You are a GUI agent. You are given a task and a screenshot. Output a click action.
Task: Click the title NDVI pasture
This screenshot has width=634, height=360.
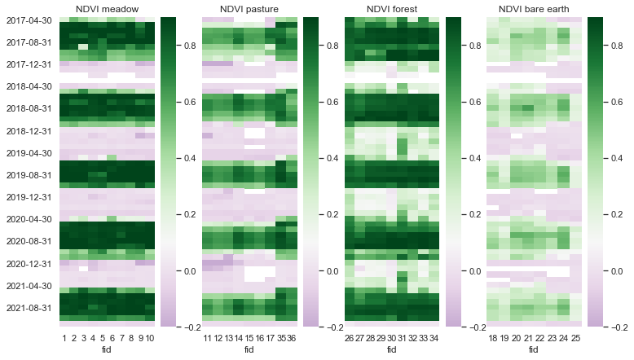(249, 9)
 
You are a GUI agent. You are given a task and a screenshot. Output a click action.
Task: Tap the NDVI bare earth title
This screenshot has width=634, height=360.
(533, 9)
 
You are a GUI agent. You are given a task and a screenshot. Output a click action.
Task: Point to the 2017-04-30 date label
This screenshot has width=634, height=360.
(29, 20)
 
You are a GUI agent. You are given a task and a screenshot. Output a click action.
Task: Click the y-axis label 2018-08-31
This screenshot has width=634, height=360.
(29, 108)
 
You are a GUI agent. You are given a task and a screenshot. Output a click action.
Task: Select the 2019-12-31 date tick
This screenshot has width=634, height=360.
(29, 197)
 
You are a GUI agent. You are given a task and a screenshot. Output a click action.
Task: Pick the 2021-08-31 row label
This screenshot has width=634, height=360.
(29, 308)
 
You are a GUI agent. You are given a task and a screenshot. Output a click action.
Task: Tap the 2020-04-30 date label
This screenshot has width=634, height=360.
(29, 219)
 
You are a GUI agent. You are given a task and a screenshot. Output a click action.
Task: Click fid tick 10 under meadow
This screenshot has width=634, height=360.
(149, 338)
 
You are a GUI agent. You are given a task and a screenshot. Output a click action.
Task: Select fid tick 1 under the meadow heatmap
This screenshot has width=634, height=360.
(64, 338)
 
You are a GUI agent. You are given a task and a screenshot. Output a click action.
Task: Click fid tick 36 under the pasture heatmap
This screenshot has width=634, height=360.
(292, 338)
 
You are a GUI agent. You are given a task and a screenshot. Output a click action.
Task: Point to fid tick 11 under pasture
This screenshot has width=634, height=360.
(207, 338)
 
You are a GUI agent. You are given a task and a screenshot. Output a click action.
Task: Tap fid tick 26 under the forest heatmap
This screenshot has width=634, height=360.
(349, 338)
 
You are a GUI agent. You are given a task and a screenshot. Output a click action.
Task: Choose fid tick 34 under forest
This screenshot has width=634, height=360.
(434, 338)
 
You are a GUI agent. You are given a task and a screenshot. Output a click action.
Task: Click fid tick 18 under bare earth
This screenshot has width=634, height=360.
(491, 338)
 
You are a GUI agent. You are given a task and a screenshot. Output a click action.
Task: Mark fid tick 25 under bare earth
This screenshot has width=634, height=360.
(576, 338)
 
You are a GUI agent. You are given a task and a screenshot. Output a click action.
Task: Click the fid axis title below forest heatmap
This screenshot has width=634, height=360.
(391, 349)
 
